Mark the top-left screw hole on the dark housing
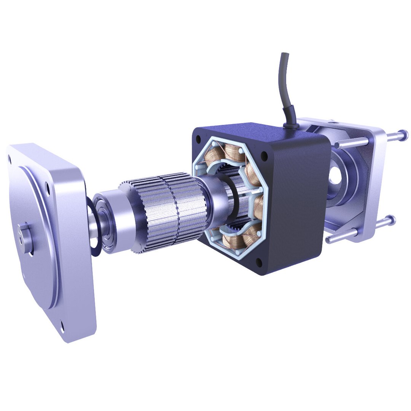[198, 140]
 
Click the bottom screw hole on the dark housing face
[259, 262]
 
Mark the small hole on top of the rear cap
[334, 123]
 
